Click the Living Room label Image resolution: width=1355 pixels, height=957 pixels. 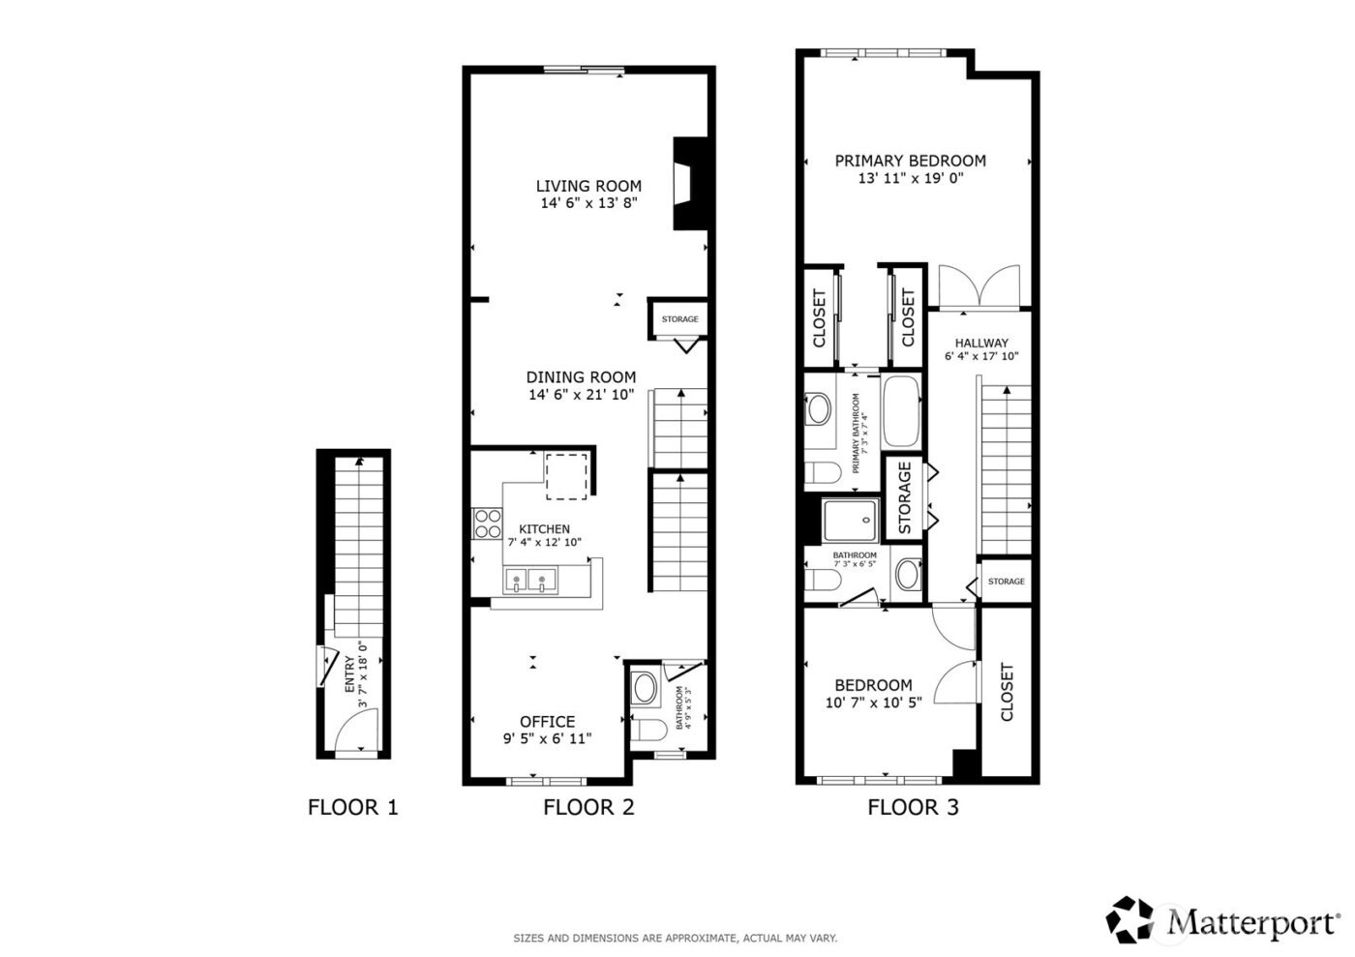(588, 186)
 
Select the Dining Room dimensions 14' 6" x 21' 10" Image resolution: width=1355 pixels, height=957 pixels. (581, 395)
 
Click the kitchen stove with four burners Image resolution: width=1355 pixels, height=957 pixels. (487, 524)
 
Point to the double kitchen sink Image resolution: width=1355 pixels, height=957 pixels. (531, 582)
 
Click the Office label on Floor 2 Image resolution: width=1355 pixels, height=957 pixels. (547, 722)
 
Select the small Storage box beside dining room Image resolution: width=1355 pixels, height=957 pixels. (679, 319)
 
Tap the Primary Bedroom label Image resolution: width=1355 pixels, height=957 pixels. (910, 161)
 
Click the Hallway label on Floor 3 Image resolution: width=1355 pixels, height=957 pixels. (981, 343)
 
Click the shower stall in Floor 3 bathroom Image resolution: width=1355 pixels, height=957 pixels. (852, 522)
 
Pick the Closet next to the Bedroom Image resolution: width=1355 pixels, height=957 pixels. (1007, 692)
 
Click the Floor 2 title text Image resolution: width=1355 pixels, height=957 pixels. (588, 807)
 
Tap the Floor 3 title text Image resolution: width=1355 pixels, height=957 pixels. (912, 807)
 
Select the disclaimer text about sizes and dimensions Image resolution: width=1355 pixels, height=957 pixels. (675, 938)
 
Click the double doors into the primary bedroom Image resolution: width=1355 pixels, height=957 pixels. (980, 287)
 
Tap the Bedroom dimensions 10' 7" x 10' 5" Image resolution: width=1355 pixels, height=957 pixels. (873, 703)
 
